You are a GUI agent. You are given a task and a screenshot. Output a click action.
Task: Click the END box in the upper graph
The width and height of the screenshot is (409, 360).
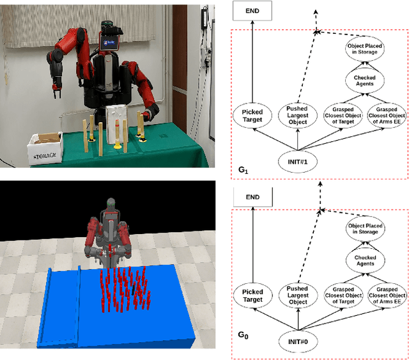coord(254,10)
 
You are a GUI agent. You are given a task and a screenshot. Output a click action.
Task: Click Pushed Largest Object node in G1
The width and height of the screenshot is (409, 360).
coord(297,115)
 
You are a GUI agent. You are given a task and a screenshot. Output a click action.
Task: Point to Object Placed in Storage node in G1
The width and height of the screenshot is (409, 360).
coord(362,48)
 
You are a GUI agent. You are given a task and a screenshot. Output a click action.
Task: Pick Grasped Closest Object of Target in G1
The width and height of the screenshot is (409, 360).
coord(343,115)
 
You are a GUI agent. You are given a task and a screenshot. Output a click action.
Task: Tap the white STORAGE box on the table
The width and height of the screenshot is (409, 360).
coord(44,149)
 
